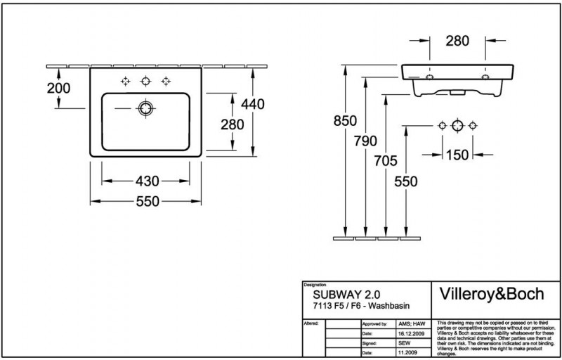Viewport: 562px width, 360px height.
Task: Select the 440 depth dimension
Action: [253, 104]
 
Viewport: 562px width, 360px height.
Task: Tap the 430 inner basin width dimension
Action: [145, 181]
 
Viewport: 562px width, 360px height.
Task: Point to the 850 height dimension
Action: [346, 120]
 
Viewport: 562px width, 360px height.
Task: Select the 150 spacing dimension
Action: [458, 154]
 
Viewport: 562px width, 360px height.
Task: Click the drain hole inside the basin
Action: [146, 108]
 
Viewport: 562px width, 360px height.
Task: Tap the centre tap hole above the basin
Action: [146, 80]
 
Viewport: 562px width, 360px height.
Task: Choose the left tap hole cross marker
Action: [126, 80]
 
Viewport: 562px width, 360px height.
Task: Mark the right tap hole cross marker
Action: [166, 80]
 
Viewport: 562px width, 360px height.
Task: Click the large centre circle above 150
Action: [457, 126]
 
